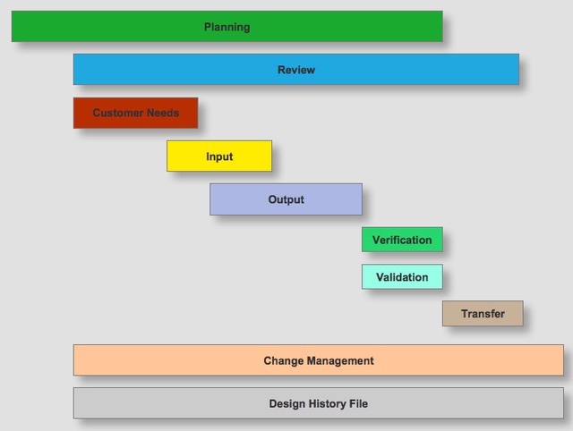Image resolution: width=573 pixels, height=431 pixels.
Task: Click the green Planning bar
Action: [x=227, y=26]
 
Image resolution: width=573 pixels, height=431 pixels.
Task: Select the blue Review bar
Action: [x=296, y=70]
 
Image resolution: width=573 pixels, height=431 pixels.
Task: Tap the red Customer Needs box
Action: [x=135, y=113]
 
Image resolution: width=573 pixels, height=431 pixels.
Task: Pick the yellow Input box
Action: [x=219, y=156]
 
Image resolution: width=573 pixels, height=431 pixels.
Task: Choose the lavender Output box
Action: [x=286, y=199]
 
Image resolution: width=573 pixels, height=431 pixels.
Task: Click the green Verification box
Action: [x=402, y=240]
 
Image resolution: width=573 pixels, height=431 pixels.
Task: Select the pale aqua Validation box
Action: [x=402, y=276]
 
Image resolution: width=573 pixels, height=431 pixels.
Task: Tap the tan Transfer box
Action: [x=483, y=314]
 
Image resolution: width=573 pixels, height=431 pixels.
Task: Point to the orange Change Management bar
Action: [x=319, y=360]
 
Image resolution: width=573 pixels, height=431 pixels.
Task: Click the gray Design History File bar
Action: [x=319, y=403]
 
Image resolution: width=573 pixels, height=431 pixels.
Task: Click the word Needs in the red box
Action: [x=163, y=113]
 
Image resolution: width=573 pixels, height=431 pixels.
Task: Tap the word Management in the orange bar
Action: [x=340, y=360]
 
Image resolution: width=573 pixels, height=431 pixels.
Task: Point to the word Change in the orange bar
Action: [x=284, y=360]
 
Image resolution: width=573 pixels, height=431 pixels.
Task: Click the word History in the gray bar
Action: [x=328, y=403]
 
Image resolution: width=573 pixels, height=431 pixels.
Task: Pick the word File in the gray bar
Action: [x=358, y=403]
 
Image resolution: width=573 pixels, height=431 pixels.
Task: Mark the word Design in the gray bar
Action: [x=287, y=403]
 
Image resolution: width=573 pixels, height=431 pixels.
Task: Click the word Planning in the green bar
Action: [x=227, y=27]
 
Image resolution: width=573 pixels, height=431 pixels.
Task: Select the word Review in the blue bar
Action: [x=296, y=70]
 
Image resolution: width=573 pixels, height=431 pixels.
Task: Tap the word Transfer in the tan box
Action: [x=483, y=314]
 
